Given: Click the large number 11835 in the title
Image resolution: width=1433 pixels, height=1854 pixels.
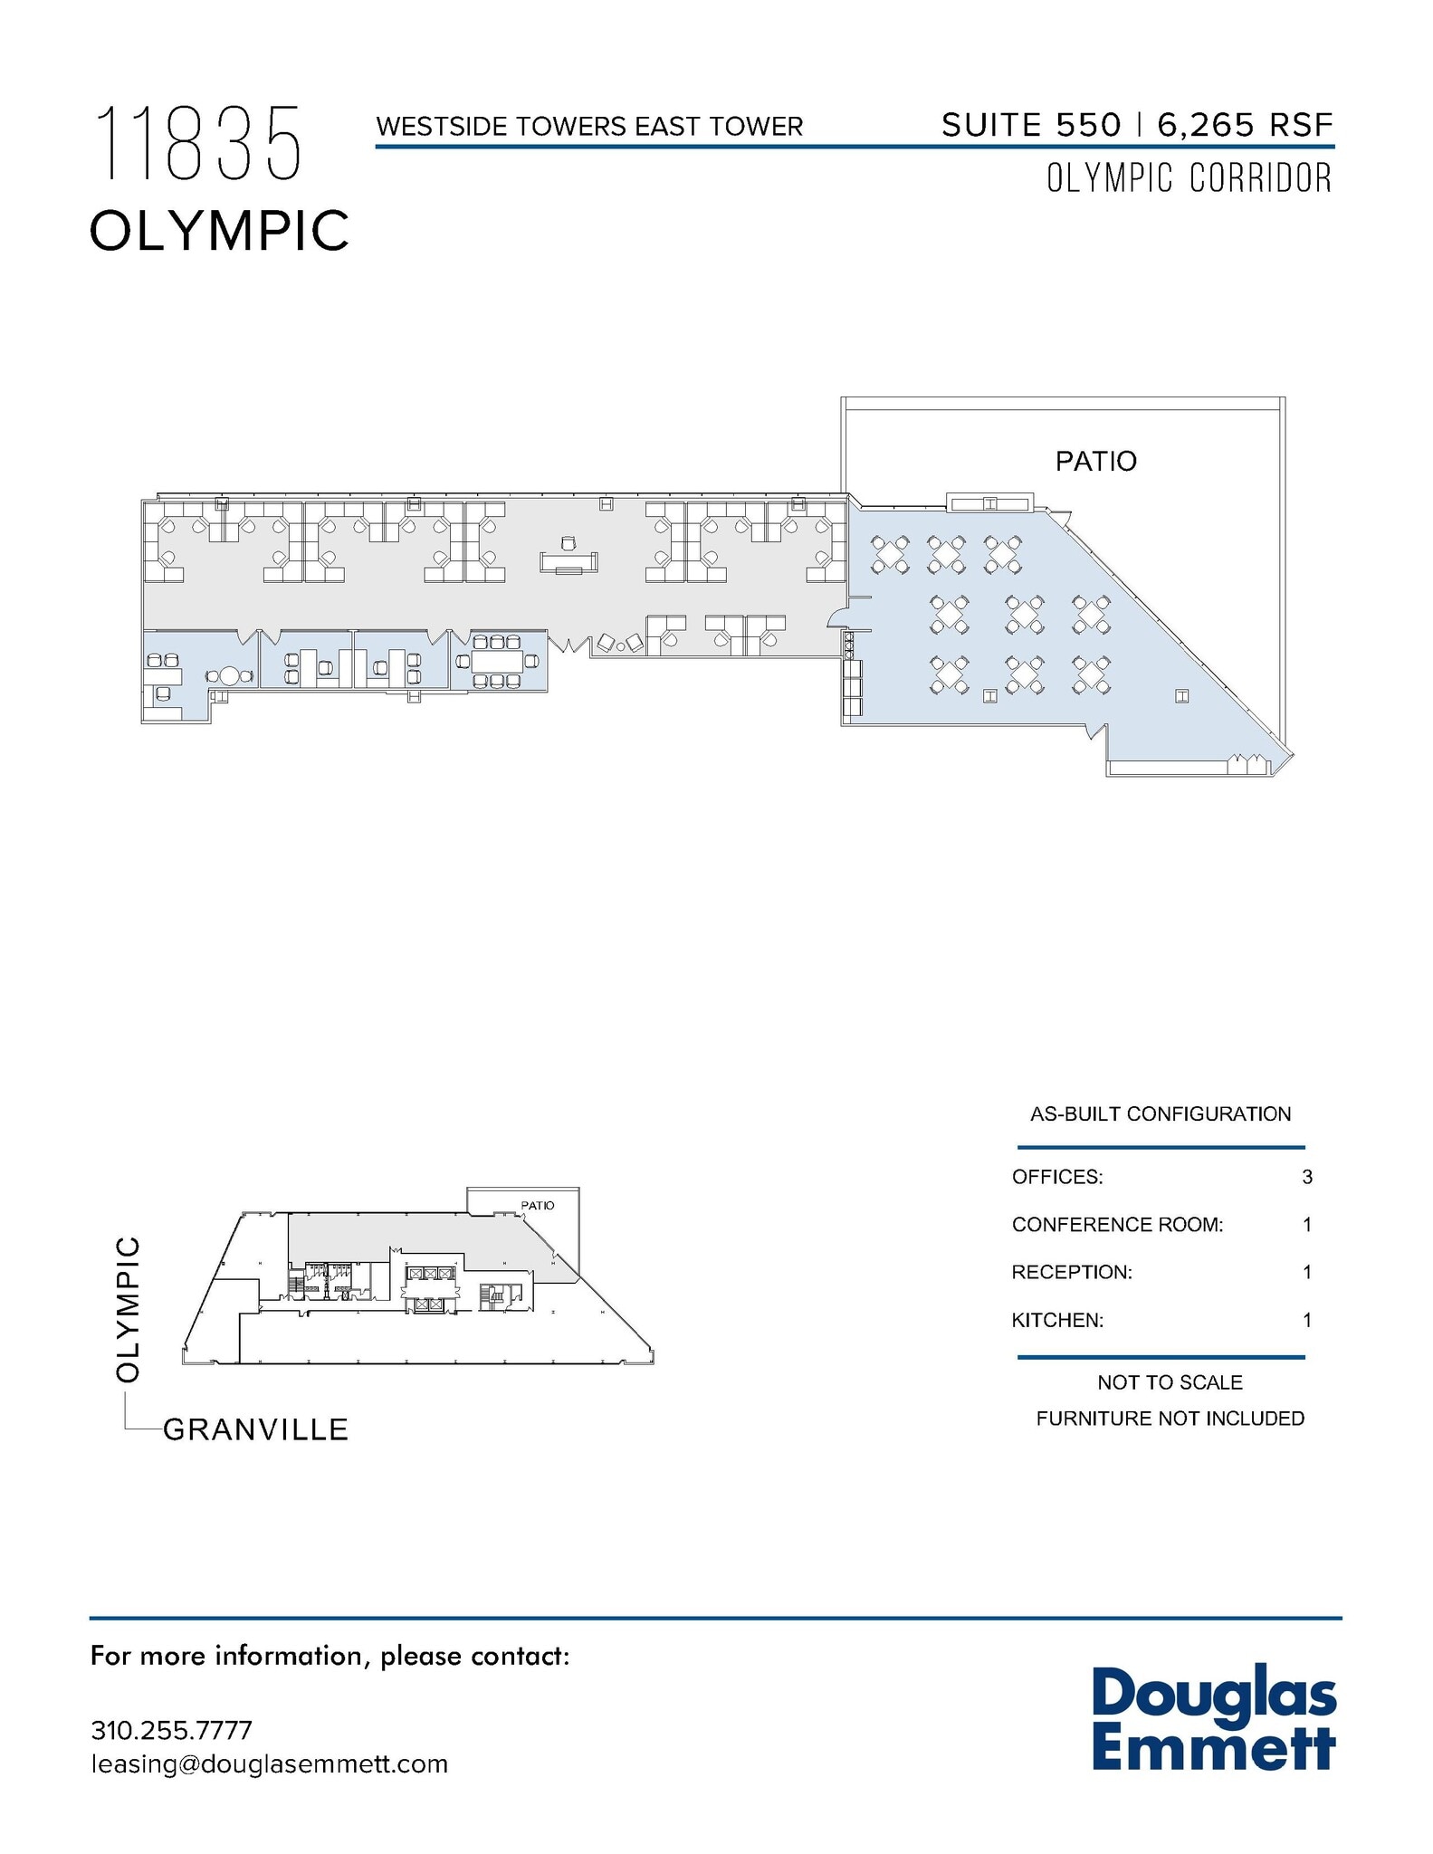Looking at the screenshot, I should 197,143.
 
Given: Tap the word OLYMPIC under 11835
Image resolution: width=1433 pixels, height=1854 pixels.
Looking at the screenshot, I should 219,230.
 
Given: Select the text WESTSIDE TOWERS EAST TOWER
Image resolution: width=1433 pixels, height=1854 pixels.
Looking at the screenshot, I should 589,127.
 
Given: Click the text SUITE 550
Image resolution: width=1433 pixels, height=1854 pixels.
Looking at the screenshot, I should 1031,125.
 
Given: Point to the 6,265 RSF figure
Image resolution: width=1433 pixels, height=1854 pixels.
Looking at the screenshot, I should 1245,125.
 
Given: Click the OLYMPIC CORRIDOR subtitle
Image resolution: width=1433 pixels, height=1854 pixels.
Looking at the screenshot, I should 1189,178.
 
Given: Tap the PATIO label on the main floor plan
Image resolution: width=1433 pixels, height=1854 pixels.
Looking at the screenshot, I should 1095,462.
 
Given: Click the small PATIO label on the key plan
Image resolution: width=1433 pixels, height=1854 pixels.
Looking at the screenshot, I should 537,1206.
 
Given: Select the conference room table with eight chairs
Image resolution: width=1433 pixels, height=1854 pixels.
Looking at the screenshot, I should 497,661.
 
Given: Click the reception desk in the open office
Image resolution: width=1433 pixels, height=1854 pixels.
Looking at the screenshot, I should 568,561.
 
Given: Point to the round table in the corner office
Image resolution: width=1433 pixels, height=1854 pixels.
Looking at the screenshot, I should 229,676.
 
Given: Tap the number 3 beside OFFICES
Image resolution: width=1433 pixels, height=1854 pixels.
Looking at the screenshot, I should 1306,1177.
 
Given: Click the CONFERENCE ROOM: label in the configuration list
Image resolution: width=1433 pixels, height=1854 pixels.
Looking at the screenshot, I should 1117,1225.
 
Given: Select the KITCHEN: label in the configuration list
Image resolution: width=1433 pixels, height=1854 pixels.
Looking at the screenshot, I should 1057,1320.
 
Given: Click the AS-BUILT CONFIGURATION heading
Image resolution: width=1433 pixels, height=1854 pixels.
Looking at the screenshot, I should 1161,1113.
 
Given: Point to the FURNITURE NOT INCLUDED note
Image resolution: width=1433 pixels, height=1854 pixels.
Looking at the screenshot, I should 1170,1419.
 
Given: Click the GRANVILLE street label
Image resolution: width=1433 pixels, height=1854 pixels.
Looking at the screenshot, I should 255,1429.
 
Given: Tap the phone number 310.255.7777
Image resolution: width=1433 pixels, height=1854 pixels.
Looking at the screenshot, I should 171,1730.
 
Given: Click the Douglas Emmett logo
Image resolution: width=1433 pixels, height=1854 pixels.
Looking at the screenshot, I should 1213,1719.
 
